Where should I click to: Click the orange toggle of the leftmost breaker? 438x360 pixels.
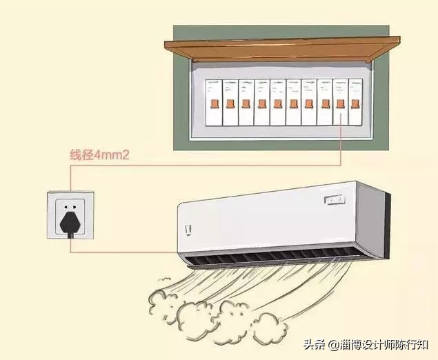[215, 103]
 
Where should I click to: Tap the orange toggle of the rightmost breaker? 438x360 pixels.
[355, 103]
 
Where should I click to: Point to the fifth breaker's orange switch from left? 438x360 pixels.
[277, 103]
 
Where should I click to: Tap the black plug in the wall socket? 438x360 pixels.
[70, 219]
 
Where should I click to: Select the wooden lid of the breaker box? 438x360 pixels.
[283, 47]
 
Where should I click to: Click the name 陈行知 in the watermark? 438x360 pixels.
[414, 343]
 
